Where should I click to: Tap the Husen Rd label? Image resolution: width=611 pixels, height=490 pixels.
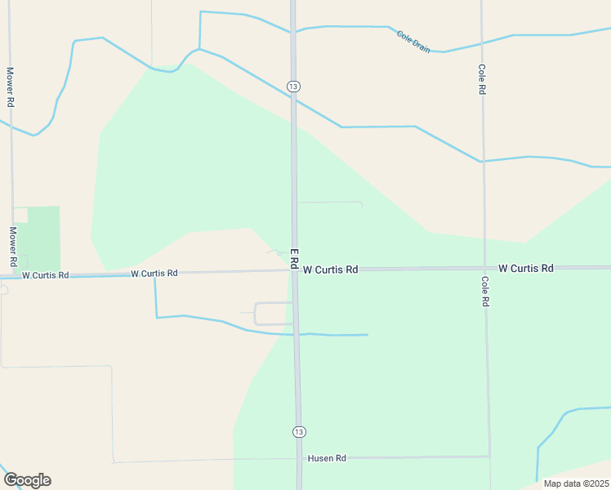(327, 458)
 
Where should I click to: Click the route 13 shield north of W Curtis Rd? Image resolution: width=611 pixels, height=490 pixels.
(294, 86)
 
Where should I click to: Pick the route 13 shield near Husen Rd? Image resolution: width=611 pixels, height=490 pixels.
(299, 431)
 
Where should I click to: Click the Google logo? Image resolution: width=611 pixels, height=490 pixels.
(27, 480)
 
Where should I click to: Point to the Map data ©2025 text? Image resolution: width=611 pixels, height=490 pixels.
(576, 483)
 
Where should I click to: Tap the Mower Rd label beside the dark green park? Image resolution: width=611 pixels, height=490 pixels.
(13, 247)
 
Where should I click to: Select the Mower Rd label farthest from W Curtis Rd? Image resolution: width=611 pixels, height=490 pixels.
(11, 87)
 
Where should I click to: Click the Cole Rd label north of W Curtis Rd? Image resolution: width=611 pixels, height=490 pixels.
(482, 80)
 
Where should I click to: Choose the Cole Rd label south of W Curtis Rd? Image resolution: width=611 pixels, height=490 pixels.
(484, 291)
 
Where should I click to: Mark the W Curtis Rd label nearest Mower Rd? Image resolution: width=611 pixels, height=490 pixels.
(46, 275)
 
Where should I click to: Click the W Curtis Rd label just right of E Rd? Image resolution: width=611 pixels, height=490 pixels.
(330, 269)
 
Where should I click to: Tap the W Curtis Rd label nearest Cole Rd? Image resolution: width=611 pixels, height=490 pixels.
(526, 268)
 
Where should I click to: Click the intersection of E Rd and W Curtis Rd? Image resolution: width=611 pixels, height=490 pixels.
(295, 269)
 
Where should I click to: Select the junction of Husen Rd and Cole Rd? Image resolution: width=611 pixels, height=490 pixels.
(488, 457)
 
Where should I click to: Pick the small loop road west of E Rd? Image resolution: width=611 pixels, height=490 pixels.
(273, 314)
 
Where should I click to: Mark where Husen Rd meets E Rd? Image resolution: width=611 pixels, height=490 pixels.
(298, 458)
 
